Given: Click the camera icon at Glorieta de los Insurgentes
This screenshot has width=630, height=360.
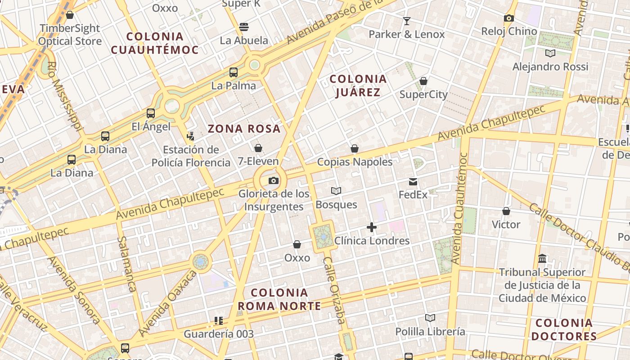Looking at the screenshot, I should point(273,181).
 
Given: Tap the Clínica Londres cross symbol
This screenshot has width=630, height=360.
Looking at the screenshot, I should point(372,227).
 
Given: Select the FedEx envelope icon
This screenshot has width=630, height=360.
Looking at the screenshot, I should point(413,182).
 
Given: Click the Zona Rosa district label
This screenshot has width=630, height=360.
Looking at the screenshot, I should point(244,129).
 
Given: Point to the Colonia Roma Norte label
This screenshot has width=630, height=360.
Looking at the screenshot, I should point(279,300).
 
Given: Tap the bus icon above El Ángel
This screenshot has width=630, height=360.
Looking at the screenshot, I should point(151,113).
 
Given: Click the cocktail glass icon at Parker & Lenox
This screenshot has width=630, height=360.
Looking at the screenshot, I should point(407,21).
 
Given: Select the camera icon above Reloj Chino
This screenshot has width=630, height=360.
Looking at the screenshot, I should point(509,18).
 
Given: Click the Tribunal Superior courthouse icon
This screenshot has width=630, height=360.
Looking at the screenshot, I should point(542,259).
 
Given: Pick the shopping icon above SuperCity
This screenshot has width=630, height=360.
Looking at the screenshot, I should point(423,81).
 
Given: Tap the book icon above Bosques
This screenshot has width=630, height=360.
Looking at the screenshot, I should point(336,191).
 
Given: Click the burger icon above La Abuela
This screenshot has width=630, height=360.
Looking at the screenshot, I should point(244,27).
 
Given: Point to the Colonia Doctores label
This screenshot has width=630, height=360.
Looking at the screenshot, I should point(564,329).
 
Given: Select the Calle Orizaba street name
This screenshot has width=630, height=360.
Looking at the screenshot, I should point(334,290).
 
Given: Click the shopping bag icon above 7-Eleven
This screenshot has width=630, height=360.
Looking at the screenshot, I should point(258,148).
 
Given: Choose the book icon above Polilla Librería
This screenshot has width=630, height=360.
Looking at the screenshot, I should point(430,318).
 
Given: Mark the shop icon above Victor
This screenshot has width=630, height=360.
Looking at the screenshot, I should point(506,211).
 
